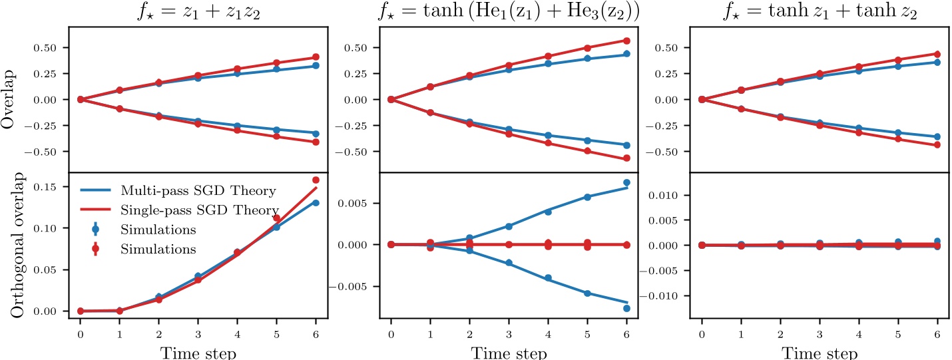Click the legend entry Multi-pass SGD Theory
pyautogui.click(x=198, y=191)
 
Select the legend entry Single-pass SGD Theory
pyautogui.click(x=198, y=210)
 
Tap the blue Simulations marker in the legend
pyautogui.click(x=95, y=230)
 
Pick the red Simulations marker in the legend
pyautogui.click(x=95, y=249)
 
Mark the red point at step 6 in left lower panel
pyautogui.click(x=316, y=180)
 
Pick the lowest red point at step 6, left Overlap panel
pyautogui.click(x=316, y=142)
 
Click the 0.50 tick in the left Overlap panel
pyautogui.click(x=55, y=48)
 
